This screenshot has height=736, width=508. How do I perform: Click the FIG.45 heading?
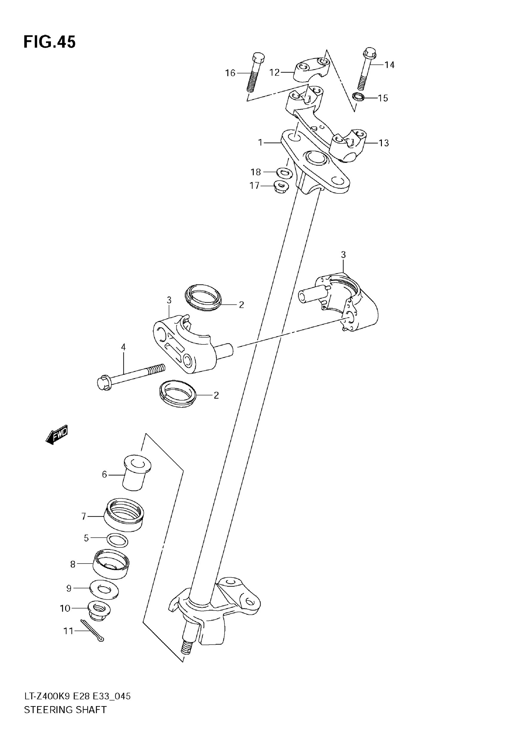(x=50, y=42)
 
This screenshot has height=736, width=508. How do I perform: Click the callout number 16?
(x=230, y=73)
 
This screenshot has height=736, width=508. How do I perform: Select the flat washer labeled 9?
(x=104, y=589)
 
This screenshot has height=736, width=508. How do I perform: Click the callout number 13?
(x=384, y=143)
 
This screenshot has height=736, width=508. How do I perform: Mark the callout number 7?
(x=84, y=516)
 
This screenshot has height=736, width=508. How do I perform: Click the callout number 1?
(x=260, y=143)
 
